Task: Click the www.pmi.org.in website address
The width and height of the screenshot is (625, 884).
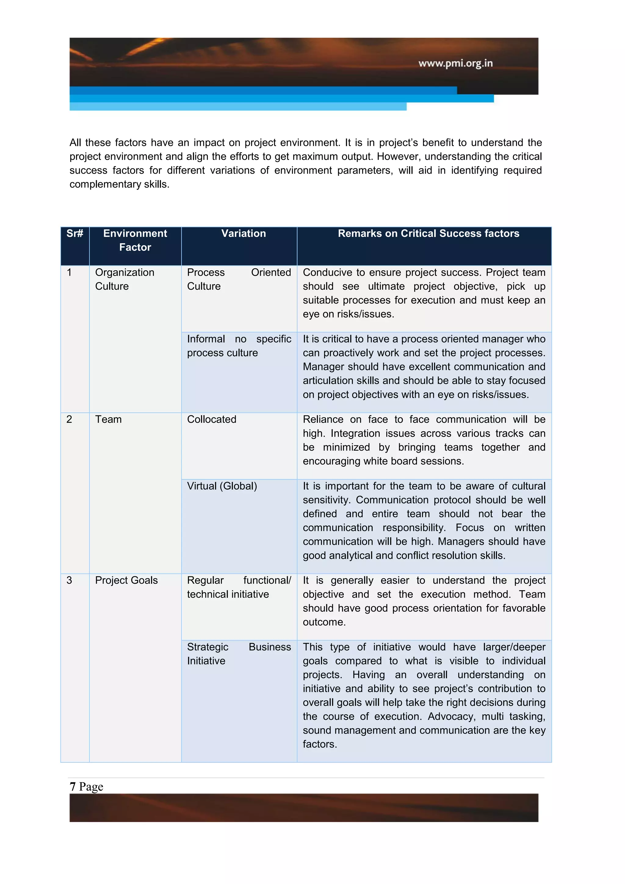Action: point(455,63)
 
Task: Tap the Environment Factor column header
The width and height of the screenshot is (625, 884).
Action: point(135,240)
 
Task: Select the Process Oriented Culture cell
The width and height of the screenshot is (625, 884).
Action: point(239,279)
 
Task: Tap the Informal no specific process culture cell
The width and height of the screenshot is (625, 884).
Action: point(239,346)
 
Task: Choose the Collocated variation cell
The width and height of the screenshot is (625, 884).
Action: point(212,419)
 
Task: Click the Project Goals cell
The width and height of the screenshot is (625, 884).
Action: point(126,580)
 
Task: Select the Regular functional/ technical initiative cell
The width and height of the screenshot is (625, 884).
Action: point(239,587)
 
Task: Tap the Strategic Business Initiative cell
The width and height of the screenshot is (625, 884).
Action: point(239,654)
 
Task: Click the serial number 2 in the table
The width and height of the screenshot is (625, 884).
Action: point(69,419)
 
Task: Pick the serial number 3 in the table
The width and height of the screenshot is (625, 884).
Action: point(69,580)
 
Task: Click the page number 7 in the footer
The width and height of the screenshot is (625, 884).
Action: point(72,786)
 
